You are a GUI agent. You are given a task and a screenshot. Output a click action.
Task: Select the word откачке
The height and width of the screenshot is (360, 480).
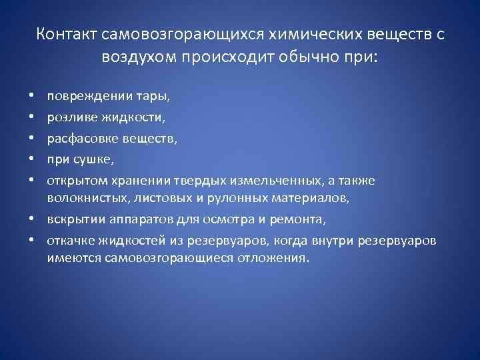(x=69, y=240)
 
